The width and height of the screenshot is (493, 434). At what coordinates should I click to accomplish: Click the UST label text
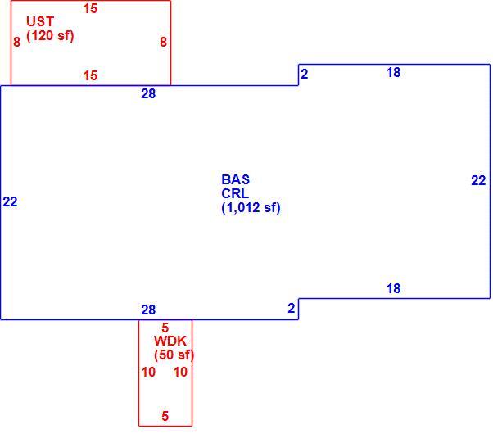click(x=40, y=21)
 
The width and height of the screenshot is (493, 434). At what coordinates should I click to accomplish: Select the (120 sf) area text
click(x=50, y=35)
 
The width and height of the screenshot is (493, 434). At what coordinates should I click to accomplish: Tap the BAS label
click(x=236, y=179)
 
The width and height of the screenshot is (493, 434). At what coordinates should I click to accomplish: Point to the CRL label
click(x=235, y=193)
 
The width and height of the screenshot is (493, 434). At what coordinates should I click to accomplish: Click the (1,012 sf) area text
click(x=251, y=207)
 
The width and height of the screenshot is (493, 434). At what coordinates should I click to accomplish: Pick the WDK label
click(x=170, y=341)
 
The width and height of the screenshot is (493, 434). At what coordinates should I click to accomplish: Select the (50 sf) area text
click(x=174, y=355)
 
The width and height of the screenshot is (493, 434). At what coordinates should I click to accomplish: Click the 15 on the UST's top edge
click(x=90, y=8)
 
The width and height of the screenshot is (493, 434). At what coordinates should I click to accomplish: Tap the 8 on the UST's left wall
click(x=17, y=42)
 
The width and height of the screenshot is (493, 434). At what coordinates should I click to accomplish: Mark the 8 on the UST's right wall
click(x=163, y=42)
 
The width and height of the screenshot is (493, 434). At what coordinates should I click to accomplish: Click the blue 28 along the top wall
click(x=148, y=93)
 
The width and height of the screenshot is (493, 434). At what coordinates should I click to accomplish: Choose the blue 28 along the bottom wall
click(x=148, y=310)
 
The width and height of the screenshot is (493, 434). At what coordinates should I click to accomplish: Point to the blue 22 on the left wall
click(x=10, y=202)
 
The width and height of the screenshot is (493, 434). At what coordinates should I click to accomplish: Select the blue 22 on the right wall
click(x=478, y=180)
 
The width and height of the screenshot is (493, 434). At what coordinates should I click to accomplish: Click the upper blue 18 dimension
click(x=393, y=72)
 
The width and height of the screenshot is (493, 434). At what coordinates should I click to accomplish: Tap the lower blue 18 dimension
click(x=393, y=288)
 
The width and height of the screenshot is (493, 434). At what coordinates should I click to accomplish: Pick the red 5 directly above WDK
click(x=165, y=328)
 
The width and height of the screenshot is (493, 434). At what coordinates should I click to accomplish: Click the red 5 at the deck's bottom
click(x=165, y=416)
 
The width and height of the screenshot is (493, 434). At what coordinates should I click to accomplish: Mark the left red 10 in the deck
click(x=148, y=372)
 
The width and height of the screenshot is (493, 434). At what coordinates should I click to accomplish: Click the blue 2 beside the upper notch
click(x=305, y=74)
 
